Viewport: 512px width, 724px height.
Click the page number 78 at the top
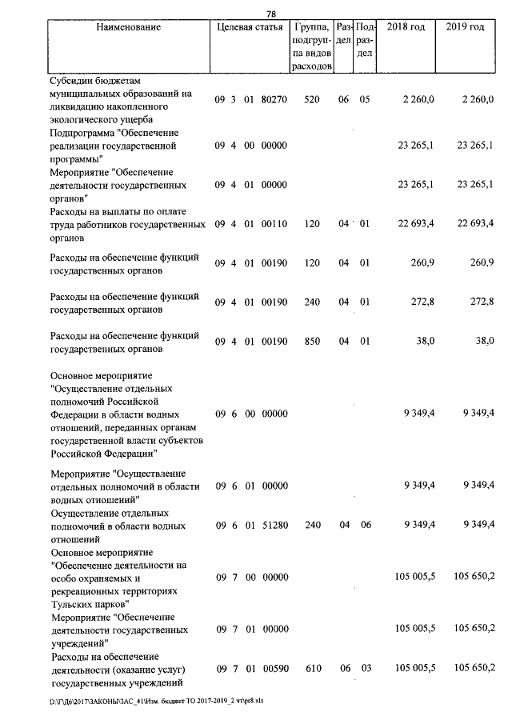pos(270,14)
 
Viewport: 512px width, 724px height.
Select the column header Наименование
pos(128,27)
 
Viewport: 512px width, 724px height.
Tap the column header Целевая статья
pos(250,27)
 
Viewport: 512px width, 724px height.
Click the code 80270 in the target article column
pos(274,100)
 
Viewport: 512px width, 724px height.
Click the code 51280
pos(274,526)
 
